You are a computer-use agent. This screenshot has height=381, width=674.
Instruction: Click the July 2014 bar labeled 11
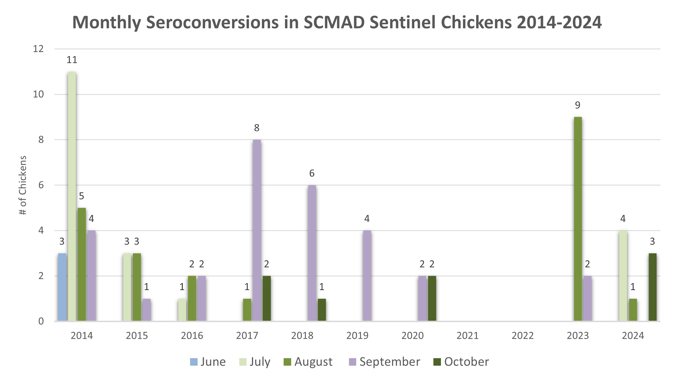pos(72,196)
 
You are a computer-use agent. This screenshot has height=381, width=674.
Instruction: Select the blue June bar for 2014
pos(62,287)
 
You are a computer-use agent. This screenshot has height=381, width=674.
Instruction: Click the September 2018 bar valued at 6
pos(312,253)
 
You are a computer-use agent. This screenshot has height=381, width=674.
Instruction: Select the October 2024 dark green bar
pos(652,287)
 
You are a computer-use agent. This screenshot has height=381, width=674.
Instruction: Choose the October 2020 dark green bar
pos(432,298)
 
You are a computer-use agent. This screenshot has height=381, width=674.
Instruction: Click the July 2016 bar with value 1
pos(182,310)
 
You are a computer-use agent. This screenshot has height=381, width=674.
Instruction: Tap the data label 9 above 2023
pos(578,106)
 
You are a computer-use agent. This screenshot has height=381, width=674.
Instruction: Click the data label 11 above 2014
pos(72,60)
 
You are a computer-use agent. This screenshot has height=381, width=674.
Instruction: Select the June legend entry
pos(208,362)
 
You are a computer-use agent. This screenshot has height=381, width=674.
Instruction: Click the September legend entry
pos(385,362)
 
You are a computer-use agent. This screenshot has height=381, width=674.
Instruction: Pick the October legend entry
pos(461,362)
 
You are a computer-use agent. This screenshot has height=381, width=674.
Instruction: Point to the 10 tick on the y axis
pos(38,94)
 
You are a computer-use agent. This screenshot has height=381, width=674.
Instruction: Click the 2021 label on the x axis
pos(467,336)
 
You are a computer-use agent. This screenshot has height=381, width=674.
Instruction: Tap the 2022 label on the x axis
pos(523,336)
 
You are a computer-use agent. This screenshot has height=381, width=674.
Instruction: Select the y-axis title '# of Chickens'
pos(23,185)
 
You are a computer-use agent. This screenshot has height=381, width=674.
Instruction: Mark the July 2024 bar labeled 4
pos(623,275)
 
